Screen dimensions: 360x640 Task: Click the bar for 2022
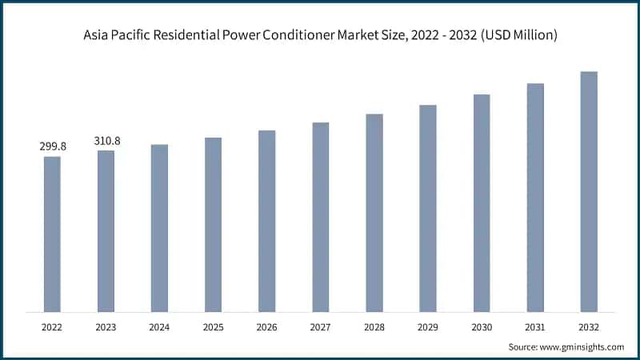[x=52, y=234]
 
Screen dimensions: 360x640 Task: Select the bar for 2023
[x=106, y=230]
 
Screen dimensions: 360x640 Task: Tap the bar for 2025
[x=213, y=224]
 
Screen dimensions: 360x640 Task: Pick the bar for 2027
[x=321, y=217]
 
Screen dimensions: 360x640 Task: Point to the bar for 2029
[x=428, y=208]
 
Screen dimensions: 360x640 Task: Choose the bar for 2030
[x=482, y=202]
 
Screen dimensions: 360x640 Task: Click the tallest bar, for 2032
[x=589, y=191]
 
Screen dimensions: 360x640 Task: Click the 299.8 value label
[x=52, y=147]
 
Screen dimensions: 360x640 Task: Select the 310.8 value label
[x=106, y=141]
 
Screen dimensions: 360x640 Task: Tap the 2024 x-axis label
[x=159, y=326]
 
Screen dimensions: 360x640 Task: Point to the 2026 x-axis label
[x=266, y=326]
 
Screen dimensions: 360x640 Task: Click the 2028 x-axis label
[x=374, y=326]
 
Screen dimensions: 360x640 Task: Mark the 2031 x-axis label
[x=535, y=326]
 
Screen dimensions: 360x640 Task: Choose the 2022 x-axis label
[x=52, y=326]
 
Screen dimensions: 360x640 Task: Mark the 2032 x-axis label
[x=589, y=326]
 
